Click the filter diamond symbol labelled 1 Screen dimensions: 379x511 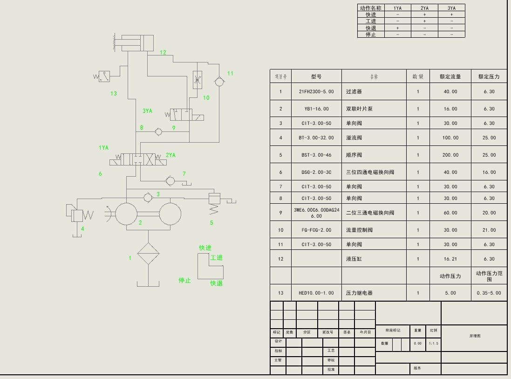148,254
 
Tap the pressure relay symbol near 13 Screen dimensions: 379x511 103,76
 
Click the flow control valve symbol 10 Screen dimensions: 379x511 198,80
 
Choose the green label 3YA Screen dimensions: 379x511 147,111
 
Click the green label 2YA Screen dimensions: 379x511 170,155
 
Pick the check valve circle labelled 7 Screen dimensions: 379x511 170,180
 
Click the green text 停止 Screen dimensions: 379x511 185,281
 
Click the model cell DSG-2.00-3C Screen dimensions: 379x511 316,172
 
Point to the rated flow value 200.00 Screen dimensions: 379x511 450,155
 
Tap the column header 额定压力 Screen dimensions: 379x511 489,76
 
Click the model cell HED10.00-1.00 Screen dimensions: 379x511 316,293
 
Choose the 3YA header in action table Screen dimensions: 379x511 451,8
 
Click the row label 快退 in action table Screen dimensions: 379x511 371,28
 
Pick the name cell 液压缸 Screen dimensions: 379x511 354,259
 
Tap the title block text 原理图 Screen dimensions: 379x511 474,336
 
